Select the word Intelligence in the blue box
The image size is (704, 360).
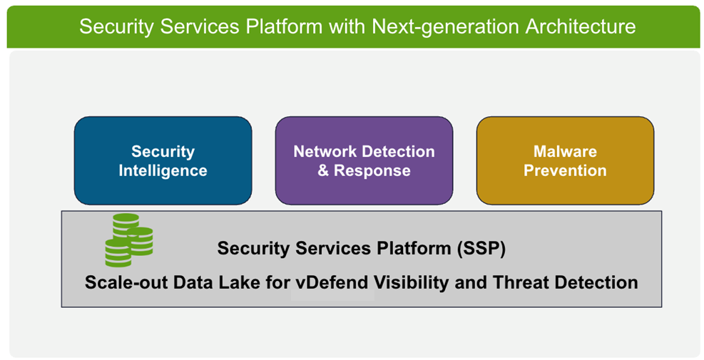[x=163, y=171]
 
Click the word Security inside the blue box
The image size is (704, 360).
[x=163, y=152]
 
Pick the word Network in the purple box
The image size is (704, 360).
[x=327, y=152]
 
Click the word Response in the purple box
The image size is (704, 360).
[x=372, y=171]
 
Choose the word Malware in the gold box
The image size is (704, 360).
[x=565, y=152]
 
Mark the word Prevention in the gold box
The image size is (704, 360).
[x=565, y=171]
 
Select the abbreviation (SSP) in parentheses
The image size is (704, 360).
[x=480, y=249]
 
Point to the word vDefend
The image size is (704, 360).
[x=334, y=282]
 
